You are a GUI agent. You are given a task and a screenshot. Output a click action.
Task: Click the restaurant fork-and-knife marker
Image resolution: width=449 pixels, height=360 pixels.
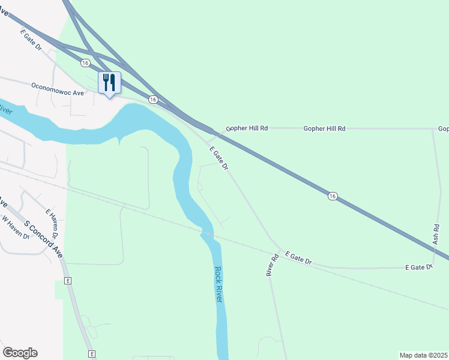[x=109, y=83]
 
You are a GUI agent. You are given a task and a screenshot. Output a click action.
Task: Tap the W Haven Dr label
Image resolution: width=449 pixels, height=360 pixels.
[x=16, y=227]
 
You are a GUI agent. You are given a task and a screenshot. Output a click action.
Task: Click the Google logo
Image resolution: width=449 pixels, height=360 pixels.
[x=20, y=353]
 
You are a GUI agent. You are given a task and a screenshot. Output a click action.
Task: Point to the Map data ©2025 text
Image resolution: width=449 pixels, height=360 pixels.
[x=423, y=355]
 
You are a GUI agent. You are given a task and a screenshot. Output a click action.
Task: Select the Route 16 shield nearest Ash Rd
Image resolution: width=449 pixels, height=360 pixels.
[x=332, y=196]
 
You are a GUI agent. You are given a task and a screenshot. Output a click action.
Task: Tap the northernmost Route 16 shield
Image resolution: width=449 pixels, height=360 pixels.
[x=85, y=62]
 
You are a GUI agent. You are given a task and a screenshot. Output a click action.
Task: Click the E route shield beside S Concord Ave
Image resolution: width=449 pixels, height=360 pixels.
[x=68, y=281]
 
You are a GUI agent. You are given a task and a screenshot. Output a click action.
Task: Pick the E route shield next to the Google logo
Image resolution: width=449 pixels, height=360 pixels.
[x=92, y=354]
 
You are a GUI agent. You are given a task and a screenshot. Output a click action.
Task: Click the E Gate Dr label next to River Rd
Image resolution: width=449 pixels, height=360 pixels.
[x=299, y=258]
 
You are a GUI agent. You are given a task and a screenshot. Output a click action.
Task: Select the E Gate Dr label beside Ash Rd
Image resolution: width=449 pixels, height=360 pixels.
[x=419, y=267]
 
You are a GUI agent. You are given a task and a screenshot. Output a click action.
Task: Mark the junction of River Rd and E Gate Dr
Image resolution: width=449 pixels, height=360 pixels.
[x=278, y=249]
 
